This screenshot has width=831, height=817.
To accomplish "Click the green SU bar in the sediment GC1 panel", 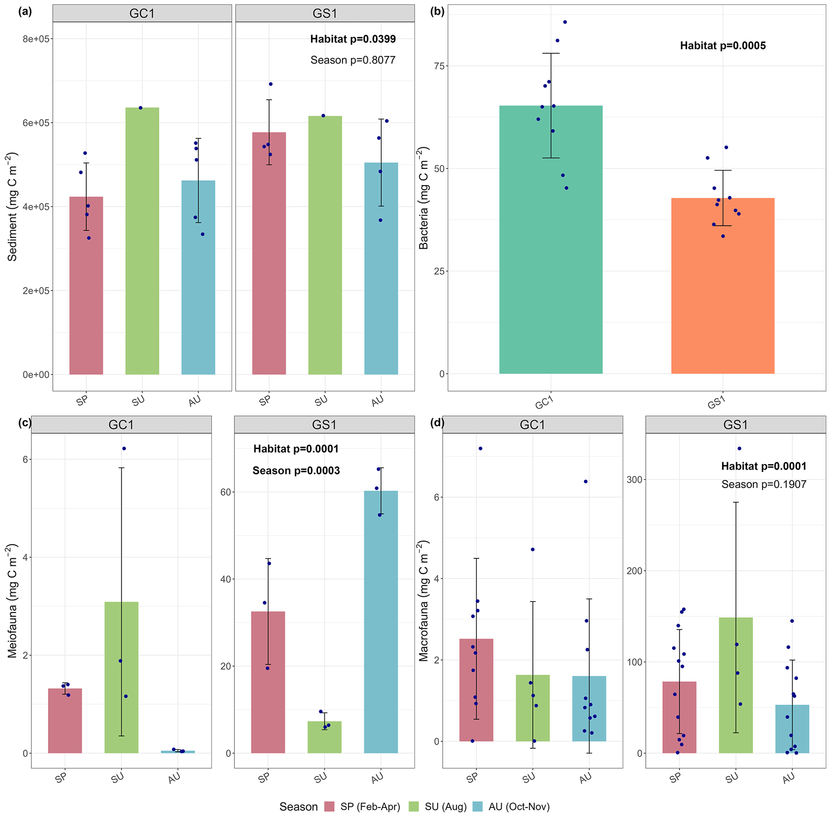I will tap(142, 241).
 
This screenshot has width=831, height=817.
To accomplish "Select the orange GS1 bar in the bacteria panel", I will tap(722, 285).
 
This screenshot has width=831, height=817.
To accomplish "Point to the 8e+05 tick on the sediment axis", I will tap(38, 39).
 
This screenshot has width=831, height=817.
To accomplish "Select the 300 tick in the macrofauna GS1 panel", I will tap(634, 479).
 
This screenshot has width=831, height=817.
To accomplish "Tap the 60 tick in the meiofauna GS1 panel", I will tap(226, 492).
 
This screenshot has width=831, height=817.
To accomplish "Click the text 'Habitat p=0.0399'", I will tap(353, 39).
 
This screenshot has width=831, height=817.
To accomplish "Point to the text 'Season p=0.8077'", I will tap(353, 60).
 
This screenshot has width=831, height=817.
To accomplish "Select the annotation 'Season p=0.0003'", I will tap(296, 471).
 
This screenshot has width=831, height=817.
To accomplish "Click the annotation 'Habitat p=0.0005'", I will tap(722, 45).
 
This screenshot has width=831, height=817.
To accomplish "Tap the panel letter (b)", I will tap(437, 12).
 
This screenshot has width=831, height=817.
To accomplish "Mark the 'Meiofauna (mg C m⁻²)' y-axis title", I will tap(12, 601).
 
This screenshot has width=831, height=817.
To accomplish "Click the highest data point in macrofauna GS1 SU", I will tap(739, 448).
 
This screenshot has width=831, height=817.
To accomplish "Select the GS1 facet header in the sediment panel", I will tap(325, 13).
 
